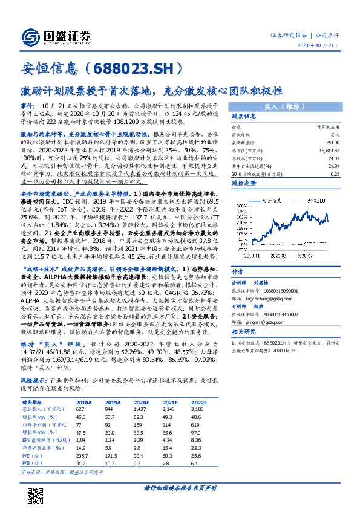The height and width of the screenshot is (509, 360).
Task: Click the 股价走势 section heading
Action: [x=245, y=181]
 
